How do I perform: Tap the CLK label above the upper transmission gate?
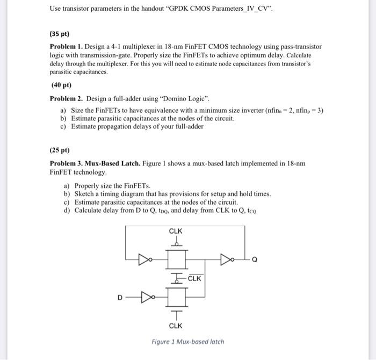[x=176, y=232]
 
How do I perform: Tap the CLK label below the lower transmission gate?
[x=176, y=326]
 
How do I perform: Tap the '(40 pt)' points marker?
[x=61, y=85]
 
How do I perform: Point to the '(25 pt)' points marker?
[x=60, y=150]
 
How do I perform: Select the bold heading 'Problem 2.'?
[x=67, y=98]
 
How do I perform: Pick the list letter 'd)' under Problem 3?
[x=67, y=210]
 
